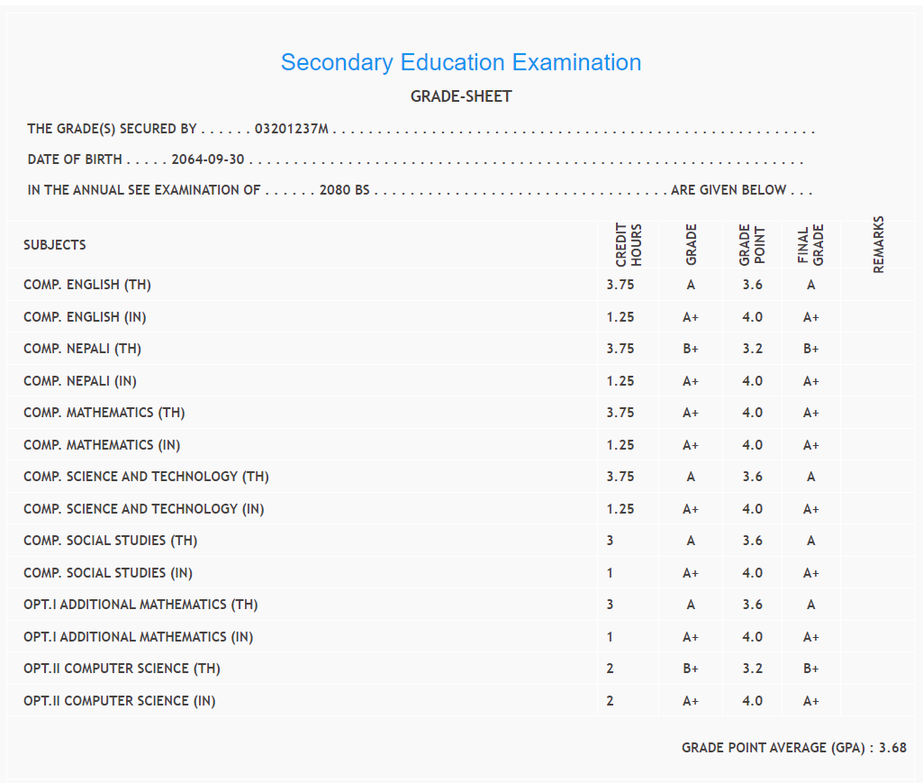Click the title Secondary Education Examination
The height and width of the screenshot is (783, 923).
pyautogui.click(x=461, y=62)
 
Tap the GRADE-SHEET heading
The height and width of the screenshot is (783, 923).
pyautogui.click(x=461, y=96)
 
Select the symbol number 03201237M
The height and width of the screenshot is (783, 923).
pyautogui.click(x=292, y=129)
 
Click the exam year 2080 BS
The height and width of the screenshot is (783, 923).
pyautogui.click(x=345, y=190)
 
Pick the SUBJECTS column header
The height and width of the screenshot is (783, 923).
pyautogui.click(x=55, y=245)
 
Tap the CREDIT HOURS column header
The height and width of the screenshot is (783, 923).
pyautogui.click(x=628, y=244)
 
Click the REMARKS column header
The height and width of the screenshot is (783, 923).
pyautogui.click(x=879, y=244)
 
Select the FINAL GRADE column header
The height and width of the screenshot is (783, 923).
pyautogui.click(x=810, y=245)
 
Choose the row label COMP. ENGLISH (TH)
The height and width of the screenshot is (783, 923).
pyautogui.click(x=87, y=285)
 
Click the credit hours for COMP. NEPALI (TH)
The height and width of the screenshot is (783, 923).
pyautogui.click(x=620, y=349)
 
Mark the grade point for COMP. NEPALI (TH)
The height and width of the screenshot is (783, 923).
pyautogui.click(x=753, y=349)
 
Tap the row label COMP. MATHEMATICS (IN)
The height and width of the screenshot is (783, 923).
pyautogui.click(x=102, y=445)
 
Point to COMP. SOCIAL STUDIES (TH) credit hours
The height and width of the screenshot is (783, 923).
pyautogui.click(x=611, y=541)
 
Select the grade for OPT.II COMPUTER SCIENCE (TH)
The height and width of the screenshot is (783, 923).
pyautogui.click(x=691, y=669)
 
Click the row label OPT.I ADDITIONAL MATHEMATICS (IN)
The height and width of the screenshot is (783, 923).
pyautogui.click(x=139, y=637)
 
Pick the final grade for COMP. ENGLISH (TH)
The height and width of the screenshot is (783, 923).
pyautogui.click(x=811, y=285)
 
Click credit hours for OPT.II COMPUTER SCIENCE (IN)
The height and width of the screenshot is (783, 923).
pyautogui.click(x=611, y=701)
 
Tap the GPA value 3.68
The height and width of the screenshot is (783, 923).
pyautogui.click(x=892, y=748)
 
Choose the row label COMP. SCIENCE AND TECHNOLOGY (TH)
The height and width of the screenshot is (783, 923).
pyautogui.click(x=146, y=477)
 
